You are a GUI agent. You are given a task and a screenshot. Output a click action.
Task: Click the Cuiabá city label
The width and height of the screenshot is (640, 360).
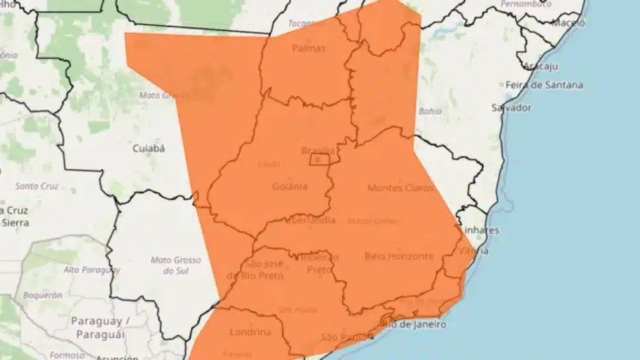(x=148, y=149)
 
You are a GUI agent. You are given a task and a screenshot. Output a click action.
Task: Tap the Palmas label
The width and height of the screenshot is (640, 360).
(x=309, y=48)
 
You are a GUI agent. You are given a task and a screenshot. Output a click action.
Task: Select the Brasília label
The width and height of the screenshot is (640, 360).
(x=318, y=150)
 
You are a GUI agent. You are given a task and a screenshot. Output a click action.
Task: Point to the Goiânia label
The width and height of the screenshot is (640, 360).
(x=290, y=186)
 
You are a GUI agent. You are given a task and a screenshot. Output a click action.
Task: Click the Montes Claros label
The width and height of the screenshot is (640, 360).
(x=400, y=188)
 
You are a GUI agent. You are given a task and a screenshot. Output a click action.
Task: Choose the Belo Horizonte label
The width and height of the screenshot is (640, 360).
(x=399, y=256)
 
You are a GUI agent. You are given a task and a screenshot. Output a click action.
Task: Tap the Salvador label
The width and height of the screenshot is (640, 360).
(x=511, y=107)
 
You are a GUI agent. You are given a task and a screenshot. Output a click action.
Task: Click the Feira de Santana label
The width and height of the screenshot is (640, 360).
(x=545, y=85)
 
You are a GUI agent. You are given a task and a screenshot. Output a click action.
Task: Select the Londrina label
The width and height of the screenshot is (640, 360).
(x=250, y=332)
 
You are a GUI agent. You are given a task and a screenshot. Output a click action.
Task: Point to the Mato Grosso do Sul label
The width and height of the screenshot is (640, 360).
(x=176, y=265)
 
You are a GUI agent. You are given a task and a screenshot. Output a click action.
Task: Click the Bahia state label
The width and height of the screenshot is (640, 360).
(x=430, y=111)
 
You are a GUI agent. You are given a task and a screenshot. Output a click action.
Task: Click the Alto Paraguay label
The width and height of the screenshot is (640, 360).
(x=92, y=270)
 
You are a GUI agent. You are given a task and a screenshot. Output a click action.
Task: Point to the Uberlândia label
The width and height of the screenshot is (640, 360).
(x=311, y=221)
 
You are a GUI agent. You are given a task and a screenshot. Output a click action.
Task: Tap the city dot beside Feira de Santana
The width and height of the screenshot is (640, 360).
(x=501, y=86)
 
